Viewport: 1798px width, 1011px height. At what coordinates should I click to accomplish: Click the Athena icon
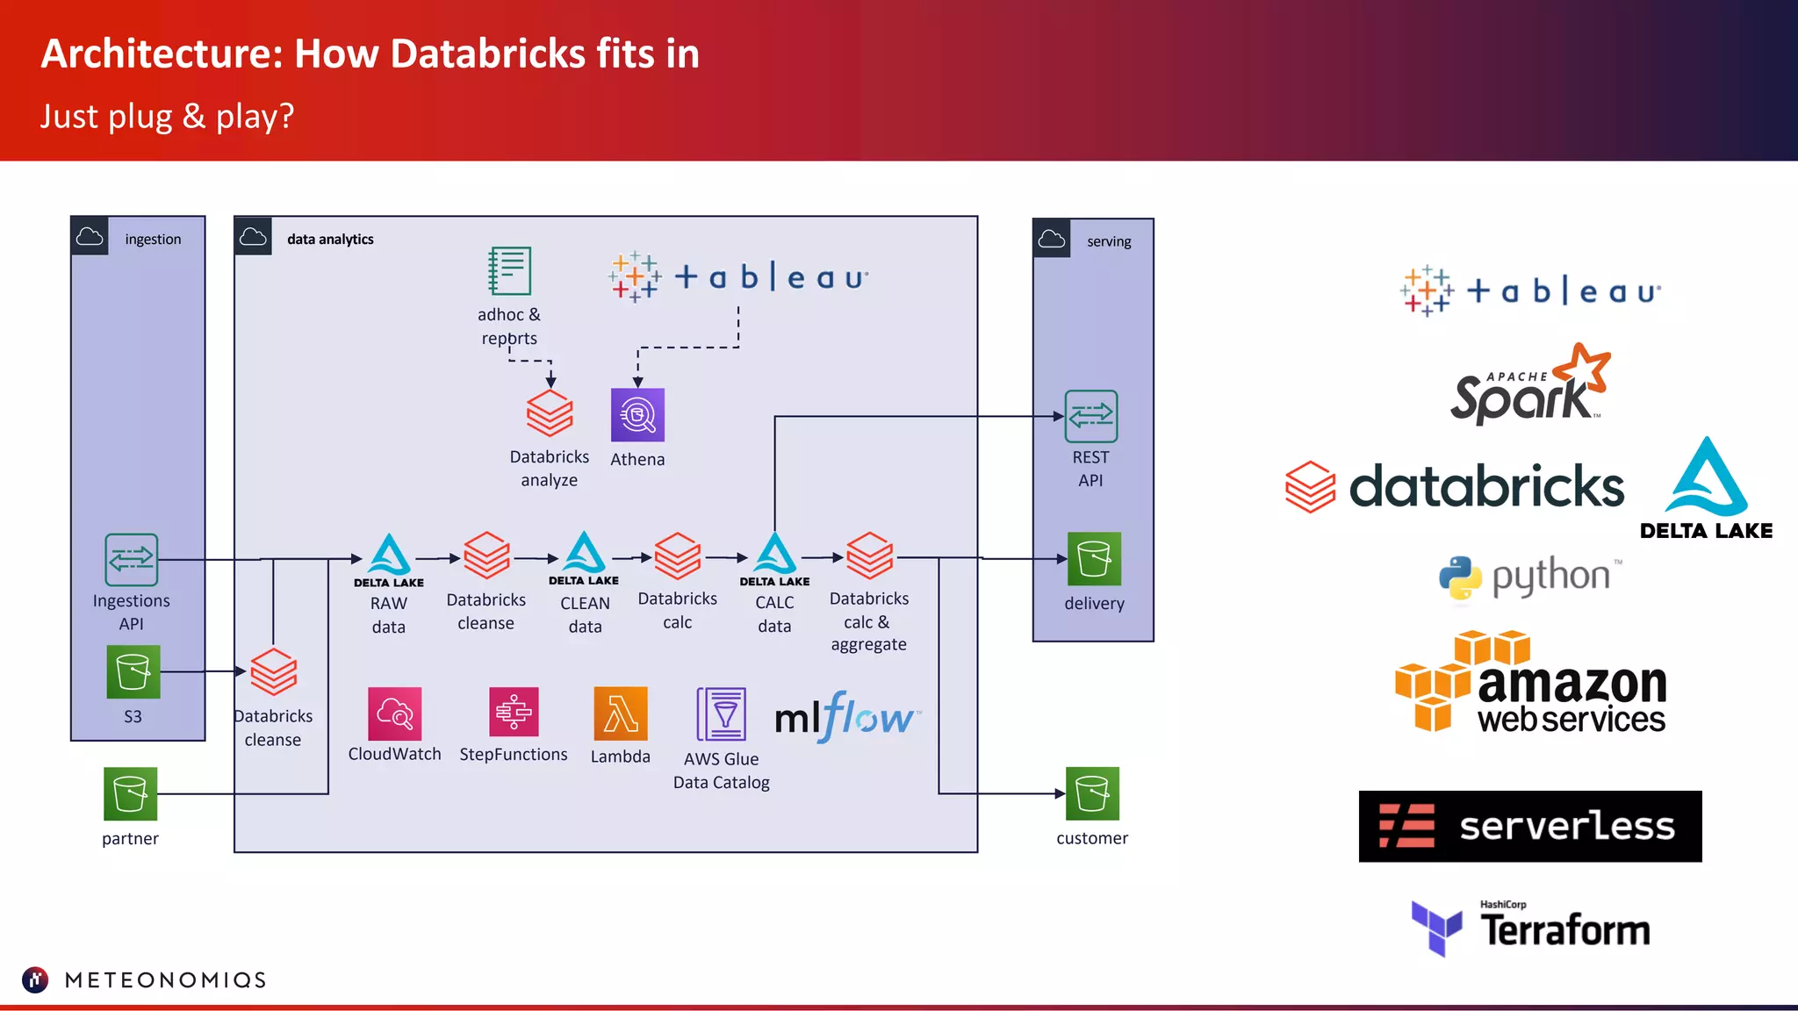coord(637,415)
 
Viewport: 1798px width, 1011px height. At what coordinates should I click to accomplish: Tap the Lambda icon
coord(621,713)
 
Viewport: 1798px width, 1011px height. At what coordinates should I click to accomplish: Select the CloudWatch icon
coord(395,713)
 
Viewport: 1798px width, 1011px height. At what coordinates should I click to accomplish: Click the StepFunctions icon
coord(514,712)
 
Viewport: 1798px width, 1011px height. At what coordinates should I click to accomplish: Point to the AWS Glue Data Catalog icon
coord(722,714)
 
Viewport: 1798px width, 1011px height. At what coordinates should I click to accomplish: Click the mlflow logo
coord(846,718)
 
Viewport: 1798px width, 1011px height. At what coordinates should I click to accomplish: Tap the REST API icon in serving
coord(1090,416)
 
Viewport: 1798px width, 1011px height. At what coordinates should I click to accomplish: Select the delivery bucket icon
coord(1094,559)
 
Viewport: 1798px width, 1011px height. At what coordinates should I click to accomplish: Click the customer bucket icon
coord(1092,793)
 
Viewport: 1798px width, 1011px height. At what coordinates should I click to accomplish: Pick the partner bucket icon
coord(130,793)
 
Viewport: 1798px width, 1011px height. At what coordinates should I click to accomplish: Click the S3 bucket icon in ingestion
coord(133,672)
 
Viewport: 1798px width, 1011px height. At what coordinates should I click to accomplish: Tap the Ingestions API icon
coord(132,560)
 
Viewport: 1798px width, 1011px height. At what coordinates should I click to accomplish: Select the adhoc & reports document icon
coord(509,271)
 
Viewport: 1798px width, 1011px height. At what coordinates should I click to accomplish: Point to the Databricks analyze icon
coord(550,413)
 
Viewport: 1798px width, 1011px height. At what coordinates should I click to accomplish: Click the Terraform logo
coord(1530,928)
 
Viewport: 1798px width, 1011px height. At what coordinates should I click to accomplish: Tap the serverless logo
coord(1530,826)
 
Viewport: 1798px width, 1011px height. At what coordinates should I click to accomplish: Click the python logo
coord(1529,577)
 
